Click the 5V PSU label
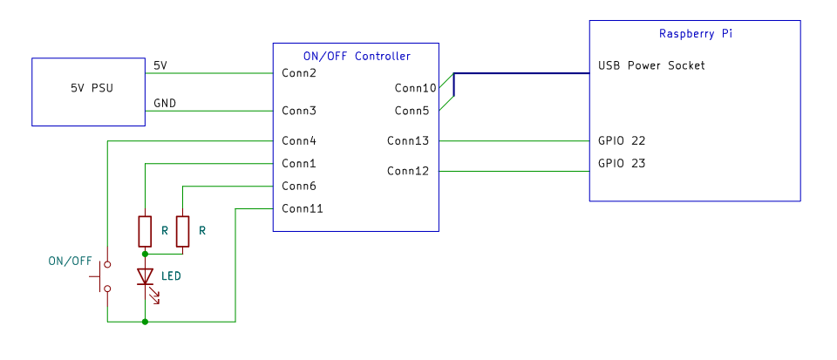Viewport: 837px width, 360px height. click(x=92, y=89)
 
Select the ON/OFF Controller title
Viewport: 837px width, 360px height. click(x=357, y=56)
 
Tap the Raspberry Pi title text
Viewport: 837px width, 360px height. click(x=696, y=34)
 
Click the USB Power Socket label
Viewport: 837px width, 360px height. click(x=651, y=65)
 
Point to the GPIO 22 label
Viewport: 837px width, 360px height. click(x=622, y=141)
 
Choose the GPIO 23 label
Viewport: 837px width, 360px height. click(x=622, y=163)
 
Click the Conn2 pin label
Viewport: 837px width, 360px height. click(x=299, y=72)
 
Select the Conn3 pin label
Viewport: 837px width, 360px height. click(x=299, y=111)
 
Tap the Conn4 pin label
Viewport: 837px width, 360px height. click(x=299, y=141)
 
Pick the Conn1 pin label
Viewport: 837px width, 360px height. click(x=299, y=163)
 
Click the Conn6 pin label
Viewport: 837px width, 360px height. click(x=299, y=187)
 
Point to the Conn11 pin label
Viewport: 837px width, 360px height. click(x=303, y=208)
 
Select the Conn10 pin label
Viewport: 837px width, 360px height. click(x=415, y=87)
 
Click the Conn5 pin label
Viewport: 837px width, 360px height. click(x=412, y=111)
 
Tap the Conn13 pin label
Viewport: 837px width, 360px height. click(x=408, y=141)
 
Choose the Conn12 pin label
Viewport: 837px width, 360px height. click(x=408, y=171)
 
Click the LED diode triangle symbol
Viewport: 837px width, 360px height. click(x=145, y=276)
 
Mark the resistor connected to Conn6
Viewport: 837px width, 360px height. click(x=182, y=232)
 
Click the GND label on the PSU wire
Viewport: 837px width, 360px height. click(x=165, y=104)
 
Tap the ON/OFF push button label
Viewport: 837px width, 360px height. click(x=70, y=262)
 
